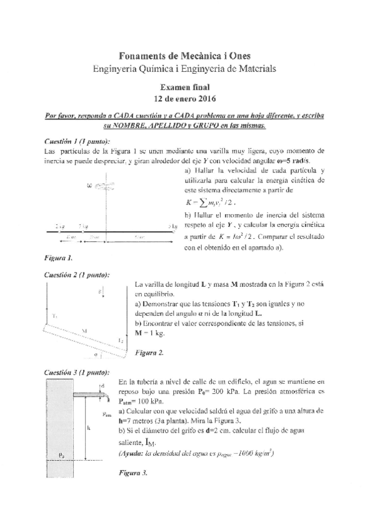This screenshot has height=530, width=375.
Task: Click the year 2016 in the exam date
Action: point(204,99)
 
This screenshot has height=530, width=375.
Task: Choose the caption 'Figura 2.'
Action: point(149,353)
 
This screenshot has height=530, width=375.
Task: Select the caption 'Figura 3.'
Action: point(133,472)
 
